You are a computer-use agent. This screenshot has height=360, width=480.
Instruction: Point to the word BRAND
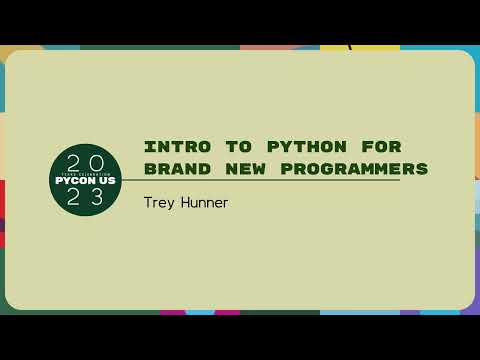(x=174, y=168)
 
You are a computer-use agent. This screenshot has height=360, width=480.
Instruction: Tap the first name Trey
(x=158, y=202)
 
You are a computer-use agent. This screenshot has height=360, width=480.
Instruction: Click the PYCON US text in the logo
(x=85, y=181)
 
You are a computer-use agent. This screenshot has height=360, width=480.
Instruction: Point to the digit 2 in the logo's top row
(x=72, y=162)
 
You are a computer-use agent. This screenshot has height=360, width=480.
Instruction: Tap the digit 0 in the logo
(x=97, y=162)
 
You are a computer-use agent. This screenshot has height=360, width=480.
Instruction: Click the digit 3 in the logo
(x=98, y=198)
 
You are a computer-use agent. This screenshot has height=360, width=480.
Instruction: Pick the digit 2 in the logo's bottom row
(x=73, y=198)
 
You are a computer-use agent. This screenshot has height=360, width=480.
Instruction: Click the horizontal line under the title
(x=260, y=180)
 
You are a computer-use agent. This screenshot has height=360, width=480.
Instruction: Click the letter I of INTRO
(x=148, y=146)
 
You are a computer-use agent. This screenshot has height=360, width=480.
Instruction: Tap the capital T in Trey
(x=148, y=202)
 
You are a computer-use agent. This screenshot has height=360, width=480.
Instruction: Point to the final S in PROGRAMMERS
(x=422, y=168)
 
